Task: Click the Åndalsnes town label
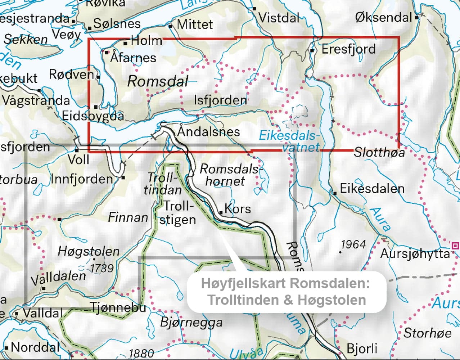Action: point(208,131)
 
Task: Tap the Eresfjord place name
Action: point(348,49)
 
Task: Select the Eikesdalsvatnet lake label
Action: point(289,141)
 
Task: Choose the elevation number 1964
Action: point(353,245)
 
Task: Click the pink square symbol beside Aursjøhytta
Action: point(455,246)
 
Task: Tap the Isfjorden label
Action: point(220,100)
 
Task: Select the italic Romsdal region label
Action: point(158,82)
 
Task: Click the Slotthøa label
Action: point(379,152)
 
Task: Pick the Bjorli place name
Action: point(362,348)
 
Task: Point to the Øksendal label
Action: point(383,17)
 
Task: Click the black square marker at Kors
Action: point(221,212)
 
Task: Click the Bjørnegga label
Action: point(191,322)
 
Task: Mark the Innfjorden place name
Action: point(82,179)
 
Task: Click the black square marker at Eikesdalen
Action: point(335,193)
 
